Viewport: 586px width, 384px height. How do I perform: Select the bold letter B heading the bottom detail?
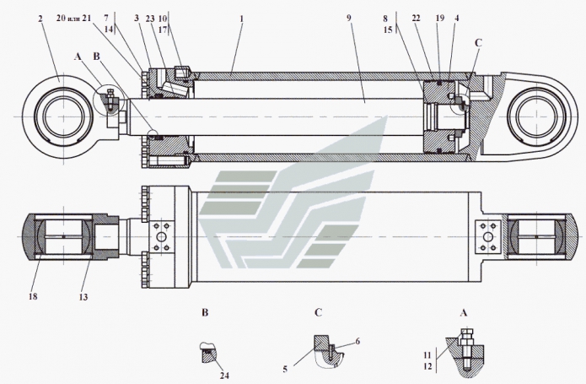207,311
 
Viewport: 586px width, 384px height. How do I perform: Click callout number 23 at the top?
149,18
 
